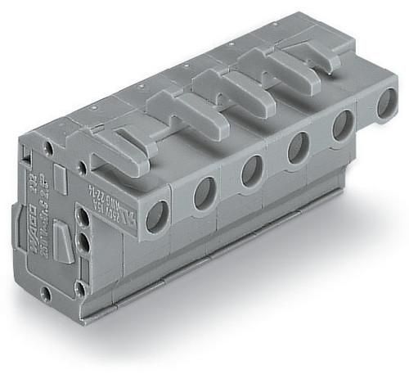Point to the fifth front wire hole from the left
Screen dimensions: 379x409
[x=341, y=126]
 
